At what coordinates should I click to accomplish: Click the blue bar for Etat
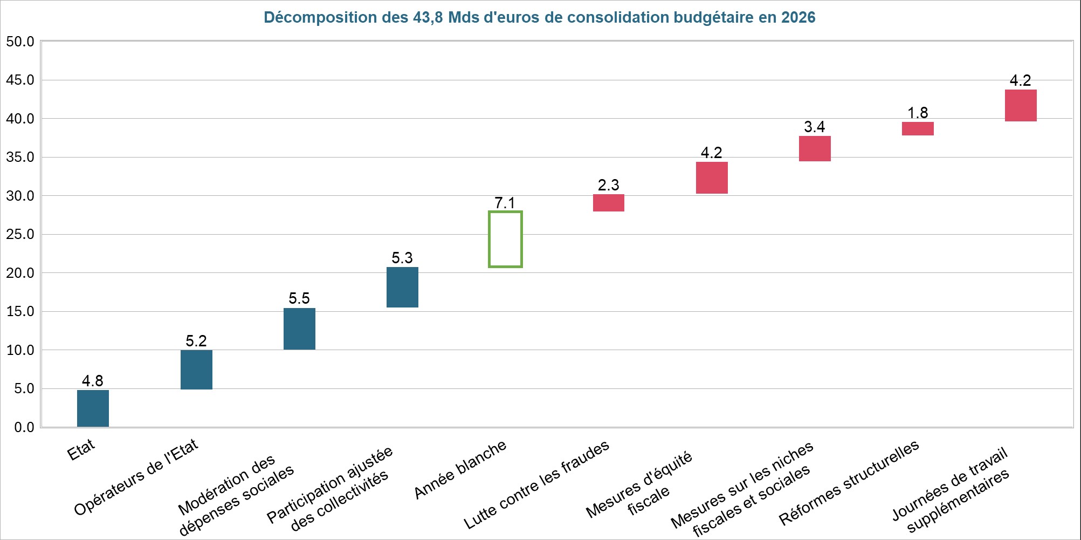pyautogui.click(x=93, y=408)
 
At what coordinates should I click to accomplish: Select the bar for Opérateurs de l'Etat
pyautogui.click(x=196, y=370)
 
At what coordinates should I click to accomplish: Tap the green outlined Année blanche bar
pyautogui.click(x=505, y=239)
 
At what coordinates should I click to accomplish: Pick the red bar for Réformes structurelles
pyautogui.click(x=918, y=128)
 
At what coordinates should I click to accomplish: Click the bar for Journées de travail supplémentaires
pyautogui.click(x=1021, y=106)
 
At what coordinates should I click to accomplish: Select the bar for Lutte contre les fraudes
pyautogui.click(x=609, y=203)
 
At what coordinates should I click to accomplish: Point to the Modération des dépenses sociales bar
pyautogui.click(x=299, y=329)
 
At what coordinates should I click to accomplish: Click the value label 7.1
pyautogui.click(x=505, y=203)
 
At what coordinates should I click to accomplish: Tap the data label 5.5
pyautogui.click(x=299, y=298)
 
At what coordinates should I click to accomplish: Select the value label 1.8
pyautogui.click(x=918, y=113)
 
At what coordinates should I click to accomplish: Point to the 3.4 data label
pyautogui.click(x=814, y=127)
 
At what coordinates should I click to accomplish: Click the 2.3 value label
pyautogui.click(x=608, y=185)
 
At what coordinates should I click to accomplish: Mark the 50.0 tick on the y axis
pyautogui.click(x=20, y=42)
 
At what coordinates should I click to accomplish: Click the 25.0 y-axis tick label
pyautogui.click(x=20, y=234)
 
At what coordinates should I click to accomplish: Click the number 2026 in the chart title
pyautogui.click(x=798, y=17)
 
